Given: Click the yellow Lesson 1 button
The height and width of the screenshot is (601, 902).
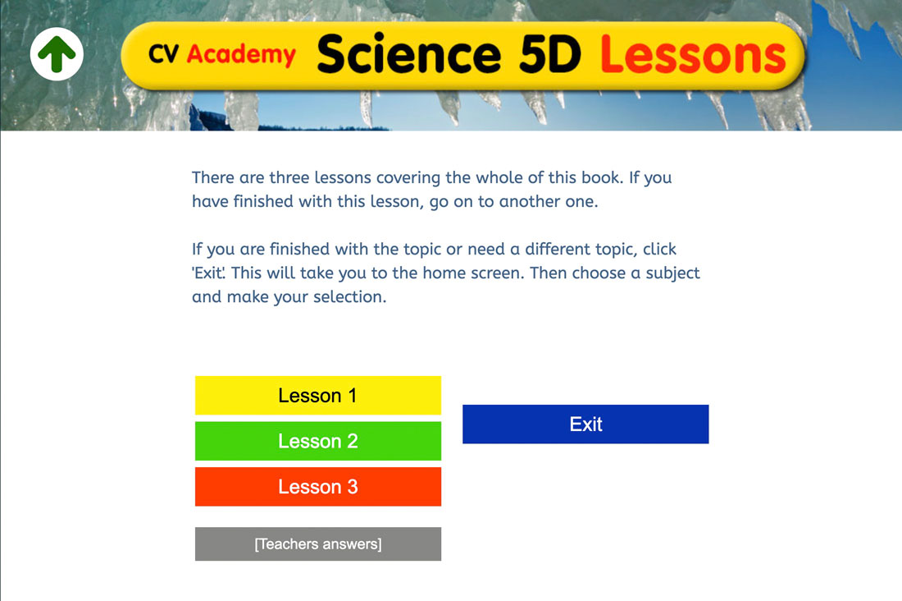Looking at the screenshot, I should (x=317, y=396).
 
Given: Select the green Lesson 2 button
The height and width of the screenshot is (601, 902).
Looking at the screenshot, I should (x=317, y=441).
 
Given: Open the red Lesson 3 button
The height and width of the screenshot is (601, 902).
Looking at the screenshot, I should (x=317, y=487).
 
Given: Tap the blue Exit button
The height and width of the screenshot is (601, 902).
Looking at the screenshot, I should (x=585, y=424).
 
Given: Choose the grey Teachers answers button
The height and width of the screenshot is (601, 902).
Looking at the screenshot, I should (x=317, y=544).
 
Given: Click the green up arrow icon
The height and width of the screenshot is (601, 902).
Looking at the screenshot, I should (x=57, y=54).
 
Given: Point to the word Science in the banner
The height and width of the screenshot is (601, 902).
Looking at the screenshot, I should (x=408, y=54).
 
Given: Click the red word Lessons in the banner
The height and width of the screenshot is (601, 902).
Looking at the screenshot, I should (x=693, y=54).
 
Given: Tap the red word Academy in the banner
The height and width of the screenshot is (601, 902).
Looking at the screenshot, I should (x=241, y=55).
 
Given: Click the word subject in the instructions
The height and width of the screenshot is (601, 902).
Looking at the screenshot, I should (x=669, y=273).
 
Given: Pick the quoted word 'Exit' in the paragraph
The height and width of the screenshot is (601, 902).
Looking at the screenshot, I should (x=209, y=273).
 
